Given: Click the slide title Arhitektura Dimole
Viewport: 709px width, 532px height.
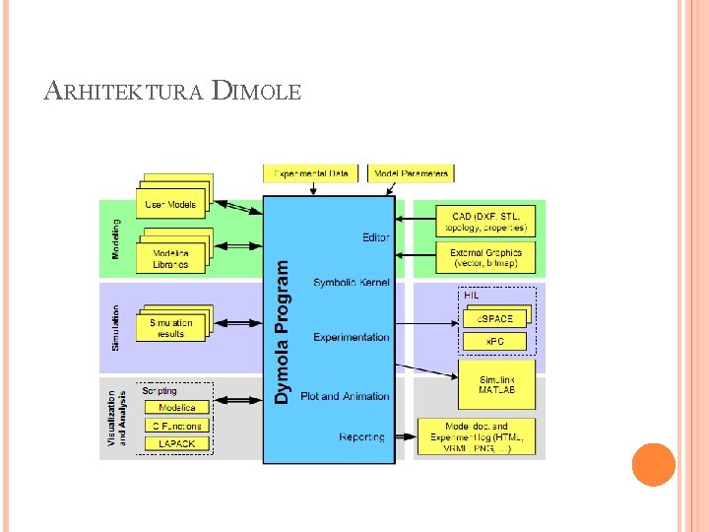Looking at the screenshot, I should pos(173,93).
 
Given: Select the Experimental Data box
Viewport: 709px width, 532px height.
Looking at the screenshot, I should pos(311,173).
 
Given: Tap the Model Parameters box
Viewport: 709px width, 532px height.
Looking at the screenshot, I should pos(412,173).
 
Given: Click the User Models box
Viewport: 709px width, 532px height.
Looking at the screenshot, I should pos(171,205).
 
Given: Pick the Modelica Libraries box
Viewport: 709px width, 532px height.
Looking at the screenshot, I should pos(171,259).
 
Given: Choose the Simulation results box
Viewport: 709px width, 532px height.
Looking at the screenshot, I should pos(171,328).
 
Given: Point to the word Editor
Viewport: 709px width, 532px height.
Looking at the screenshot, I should pos(375,237).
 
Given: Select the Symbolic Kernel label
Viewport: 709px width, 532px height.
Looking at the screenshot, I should pos(352,283).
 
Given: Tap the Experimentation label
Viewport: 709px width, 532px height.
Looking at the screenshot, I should pos(352,337).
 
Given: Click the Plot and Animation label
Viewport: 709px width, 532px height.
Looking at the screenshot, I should pos(345,396).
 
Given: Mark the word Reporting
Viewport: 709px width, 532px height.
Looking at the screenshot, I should pos(362,436).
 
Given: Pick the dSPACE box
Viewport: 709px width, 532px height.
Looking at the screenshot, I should pos(495,318).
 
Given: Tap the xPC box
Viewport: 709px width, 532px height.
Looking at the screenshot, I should pos(495,341).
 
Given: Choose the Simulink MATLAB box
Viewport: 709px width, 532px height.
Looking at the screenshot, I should pos(495,385).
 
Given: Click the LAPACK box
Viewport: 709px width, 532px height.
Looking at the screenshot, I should pos(177,444).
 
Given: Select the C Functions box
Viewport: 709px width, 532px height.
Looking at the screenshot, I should pos(177,426).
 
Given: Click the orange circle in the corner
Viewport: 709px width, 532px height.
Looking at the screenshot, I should pos(653,464).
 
